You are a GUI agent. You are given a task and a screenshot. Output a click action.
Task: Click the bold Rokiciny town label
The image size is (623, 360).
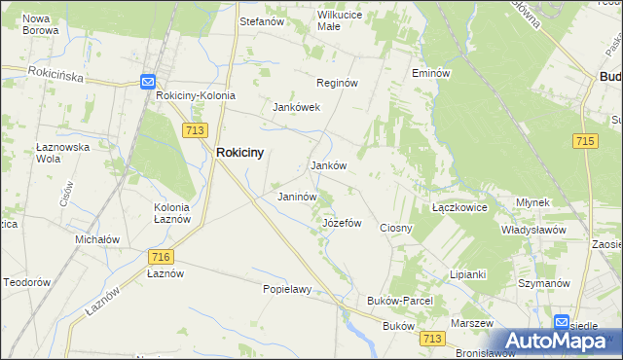tap(240, 152)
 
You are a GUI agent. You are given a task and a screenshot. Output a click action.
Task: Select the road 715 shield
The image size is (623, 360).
tap(585, 141)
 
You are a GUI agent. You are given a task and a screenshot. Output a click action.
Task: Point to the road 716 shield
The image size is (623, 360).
tap(162, 256)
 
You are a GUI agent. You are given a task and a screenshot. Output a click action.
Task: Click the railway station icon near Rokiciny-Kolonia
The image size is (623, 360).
tap(148, 83)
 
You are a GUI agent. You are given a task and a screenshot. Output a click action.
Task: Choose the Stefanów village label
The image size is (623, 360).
tap(261, 19)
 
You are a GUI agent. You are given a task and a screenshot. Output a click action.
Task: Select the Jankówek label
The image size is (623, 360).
tap(297, 107)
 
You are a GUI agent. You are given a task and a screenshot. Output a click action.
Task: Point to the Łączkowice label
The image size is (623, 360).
tap(458, 208)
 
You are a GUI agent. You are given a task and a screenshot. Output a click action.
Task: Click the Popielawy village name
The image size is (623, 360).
tap(287, 289)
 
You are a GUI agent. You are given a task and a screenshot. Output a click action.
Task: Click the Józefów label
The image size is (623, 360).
tap(342, 223)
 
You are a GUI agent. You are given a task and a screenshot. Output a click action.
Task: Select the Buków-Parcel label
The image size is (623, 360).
tap(399, 302)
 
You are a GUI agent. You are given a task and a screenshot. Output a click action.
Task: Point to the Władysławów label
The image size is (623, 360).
tap(533, 230)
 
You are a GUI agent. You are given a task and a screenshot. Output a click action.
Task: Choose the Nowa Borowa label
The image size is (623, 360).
tap(41, 24)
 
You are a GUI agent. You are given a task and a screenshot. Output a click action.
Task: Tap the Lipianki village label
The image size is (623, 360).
tap(467, 274)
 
